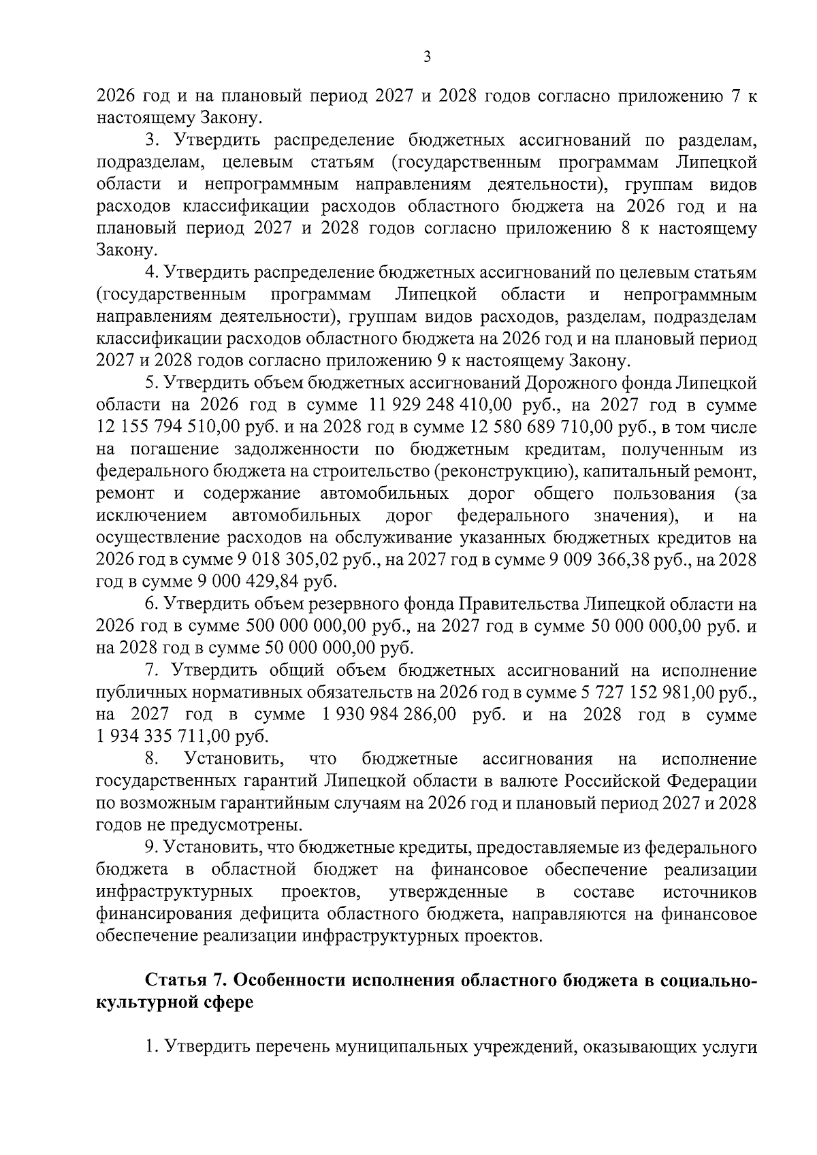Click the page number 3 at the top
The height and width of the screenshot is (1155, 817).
click(x=427, y=58)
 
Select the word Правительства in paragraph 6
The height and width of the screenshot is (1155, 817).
click(x=511, y=605)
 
